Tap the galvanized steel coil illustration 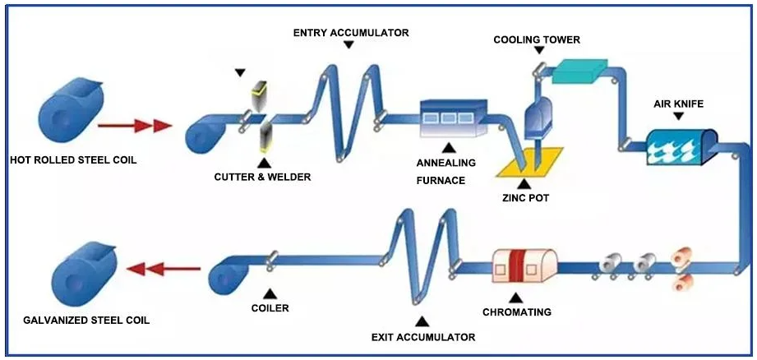click(84, 274)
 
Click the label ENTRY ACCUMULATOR click(351, 33)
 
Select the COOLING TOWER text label click(537, 39)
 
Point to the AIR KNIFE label click(679, 104)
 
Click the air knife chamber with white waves click(681, 148)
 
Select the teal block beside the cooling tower click(579, 71)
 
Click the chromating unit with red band click(524, 265)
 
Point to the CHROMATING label click(516, 312)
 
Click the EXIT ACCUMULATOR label click(423, 337)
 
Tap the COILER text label click(270, 308)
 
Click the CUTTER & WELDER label click(263, 177)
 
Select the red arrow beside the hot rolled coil click(135, 126)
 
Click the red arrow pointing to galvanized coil click(164, 268)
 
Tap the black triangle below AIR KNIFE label click(679, 116)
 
